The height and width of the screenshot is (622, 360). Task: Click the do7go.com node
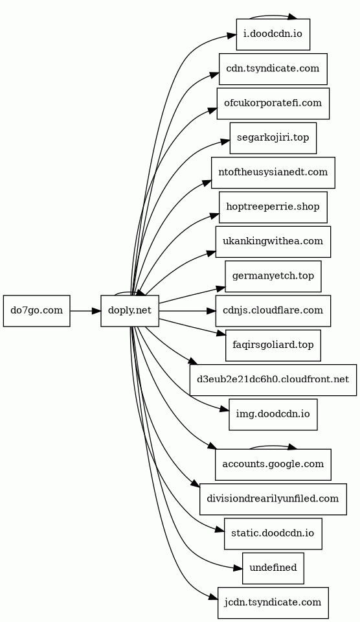[x=36, y=311]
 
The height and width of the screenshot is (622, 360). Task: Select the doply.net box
[x=130, y=311]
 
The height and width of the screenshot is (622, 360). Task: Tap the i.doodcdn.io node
[x=273, y=34]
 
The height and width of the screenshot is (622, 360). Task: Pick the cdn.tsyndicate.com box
[x=273, y=69]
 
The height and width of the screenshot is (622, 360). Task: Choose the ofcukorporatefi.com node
[x=273, y=104]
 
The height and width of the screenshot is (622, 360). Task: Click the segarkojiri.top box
[x=273, y=138]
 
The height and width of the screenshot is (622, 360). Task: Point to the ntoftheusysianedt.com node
[x=273, y=172]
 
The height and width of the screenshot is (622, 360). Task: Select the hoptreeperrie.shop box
[x=273, y=207]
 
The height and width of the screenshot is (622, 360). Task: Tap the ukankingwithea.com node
[x=273, y=242]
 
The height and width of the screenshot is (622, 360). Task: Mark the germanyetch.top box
[x=273, y=277]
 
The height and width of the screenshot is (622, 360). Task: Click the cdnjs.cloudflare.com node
[x=273, y=311]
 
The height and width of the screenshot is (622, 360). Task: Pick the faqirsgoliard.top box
[x=273, y=345]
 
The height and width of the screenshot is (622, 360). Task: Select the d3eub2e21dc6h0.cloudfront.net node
[x=273, y=380]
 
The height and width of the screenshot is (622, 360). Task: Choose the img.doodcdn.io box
[x=273, y=415]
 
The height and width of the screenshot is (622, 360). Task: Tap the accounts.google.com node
[x=273, y=465]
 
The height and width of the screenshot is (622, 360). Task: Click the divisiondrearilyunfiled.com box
[x=273, y=499]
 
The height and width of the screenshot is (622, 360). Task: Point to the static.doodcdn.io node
[x=273, y=533]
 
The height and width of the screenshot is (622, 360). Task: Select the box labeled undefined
[x=273, y=568]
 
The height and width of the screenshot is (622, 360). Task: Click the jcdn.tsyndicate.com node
[x=273, y=603]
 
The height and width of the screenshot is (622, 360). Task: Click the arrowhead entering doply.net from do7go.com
[x=96, y=311]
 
